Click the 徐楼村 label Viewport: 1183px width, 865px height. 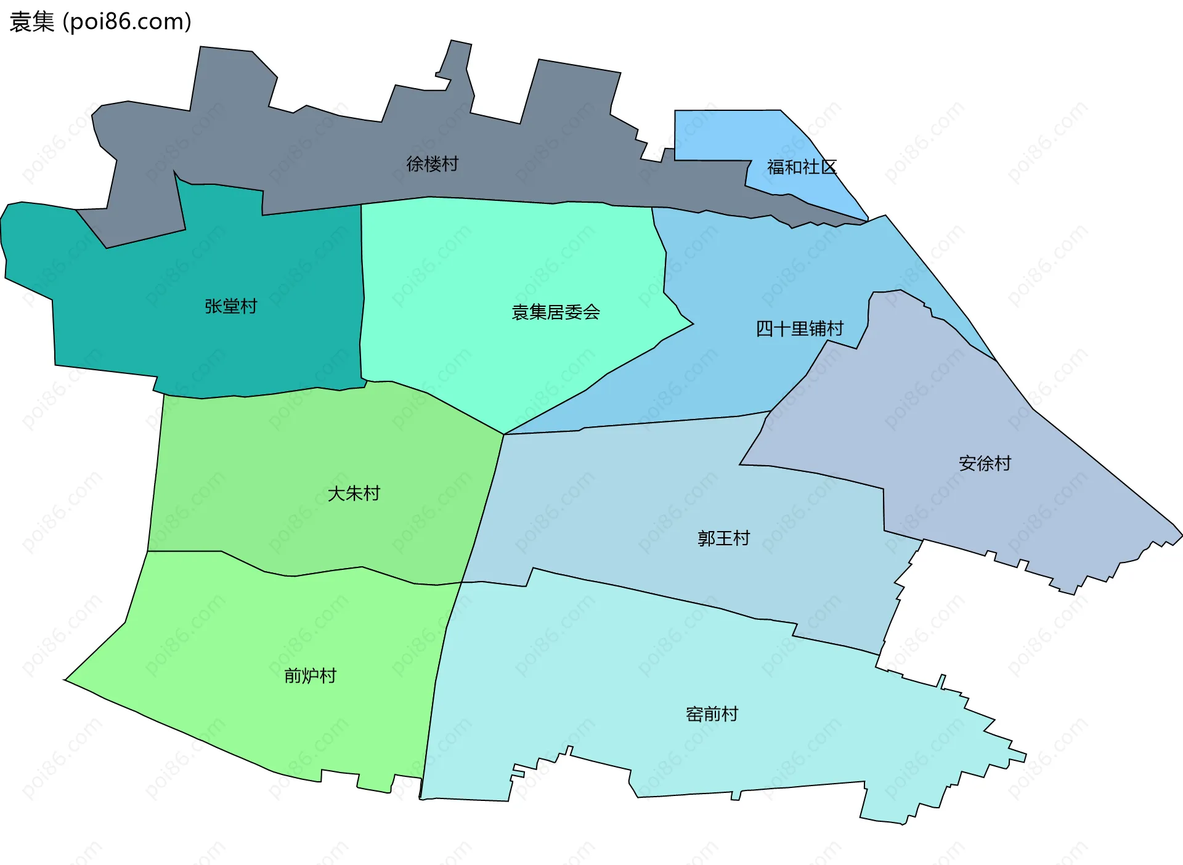click(432, 164)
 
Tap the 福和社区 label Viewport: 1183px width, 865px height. click(801, 167)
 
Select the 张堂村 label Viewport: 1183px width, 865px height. click(230, 306)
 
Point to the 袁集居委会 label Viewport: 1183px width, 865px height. click(555, 312)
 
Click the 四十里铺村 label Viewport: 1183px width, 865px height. click(799, 328)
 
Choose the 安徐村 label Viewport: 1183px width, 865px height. click(985, 463)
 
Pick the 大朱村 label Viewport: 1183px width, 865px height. click(354, 493)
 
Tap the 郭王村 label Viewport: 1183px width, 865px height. click(723, 538)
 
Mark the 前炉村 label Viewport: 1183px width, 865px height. click(310, 676)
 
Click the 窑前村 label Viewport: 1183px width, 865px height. click(712, 714)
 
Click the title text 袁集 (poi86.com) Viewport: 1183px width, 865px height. click(100, 22)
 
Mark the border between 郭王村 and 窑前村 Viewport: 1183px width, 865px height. click(678, 600)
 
